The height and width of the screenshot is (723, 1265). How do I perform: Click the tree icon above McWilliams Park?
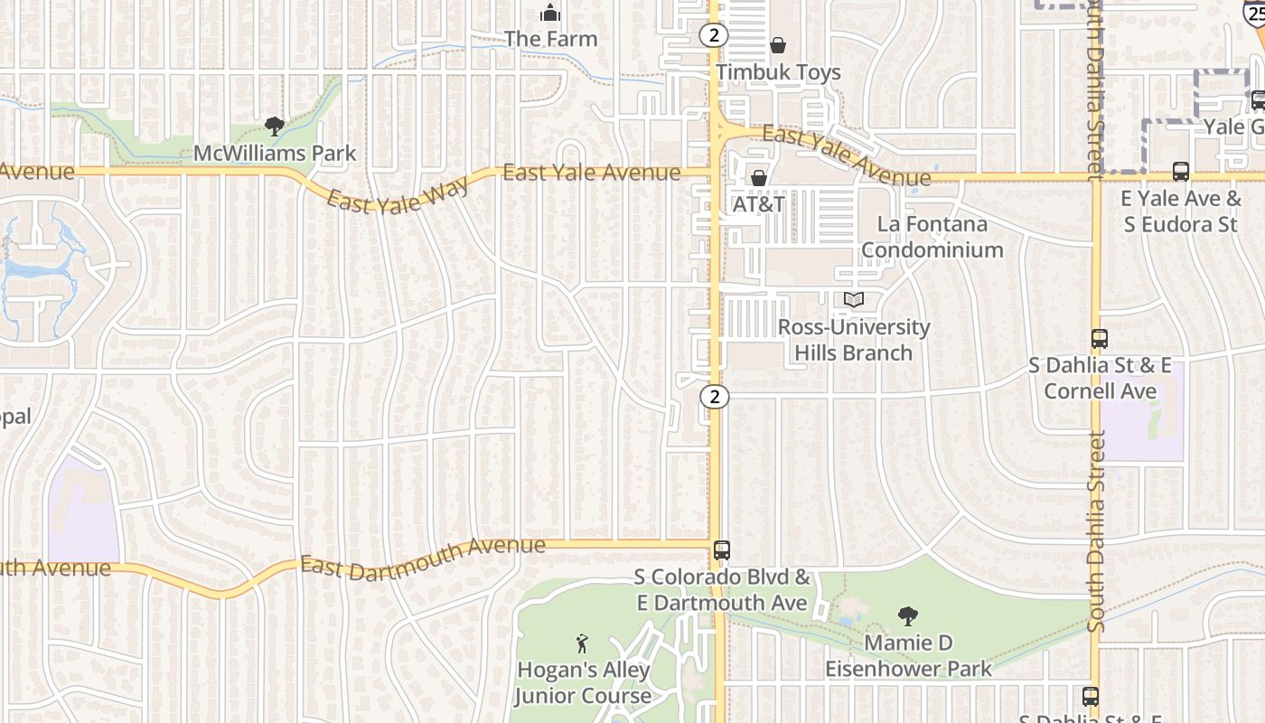pos(275,127)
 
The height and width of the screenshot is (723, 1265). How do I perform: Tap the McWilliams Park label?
pos(276,154)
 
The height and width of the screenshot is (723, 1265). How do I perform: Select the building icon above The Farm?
pos(550,13)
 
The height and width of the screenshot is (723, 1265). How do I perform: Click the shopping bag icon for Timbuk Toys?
pos(778,45)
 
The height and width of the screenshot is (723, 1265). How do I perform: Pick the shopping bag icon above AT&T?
pos(759,178)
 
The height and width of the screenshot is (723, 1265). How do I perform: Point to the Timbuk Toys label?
pos(778,72)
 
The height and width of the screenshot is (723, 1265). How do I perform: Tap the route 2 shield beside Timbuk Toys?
pos(714,35)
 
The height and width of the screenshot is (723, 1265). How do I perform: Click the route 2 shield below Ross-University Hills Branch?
pos(715,396)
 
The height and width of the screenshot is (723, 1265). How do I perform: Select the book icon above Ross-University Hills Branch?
pos(854,299)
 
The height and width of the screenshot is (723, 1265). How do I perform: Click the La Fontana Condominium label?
pos(932,237)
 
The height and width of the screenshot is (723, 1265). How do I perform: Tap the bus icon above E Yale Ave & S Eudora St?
pos(1180,172)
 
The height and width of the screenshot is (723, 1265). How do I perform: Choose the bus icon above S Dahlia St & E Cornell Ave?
pos(1099,339)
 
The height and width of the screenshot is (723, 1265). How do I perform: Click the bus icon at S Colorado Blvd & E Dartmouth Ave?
pos(722,549)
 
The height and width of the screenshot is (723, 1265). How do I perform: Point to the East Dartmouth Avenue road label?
pos(423,556)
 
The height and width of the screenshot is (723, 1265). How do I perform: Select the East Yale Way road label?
pos(398,194)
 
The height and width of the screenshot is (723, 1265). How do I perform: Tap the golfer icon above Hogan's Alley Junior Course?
pos(583,643)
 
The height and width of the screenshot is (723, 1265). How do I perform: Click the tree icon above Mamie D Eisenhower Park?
pos(908,616)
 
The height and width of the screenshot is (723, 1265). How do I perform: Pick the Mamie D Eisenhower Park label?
pos(908,656)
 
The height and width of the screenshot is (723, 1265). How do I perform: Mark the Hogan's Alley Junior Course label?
pos(583,683)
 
